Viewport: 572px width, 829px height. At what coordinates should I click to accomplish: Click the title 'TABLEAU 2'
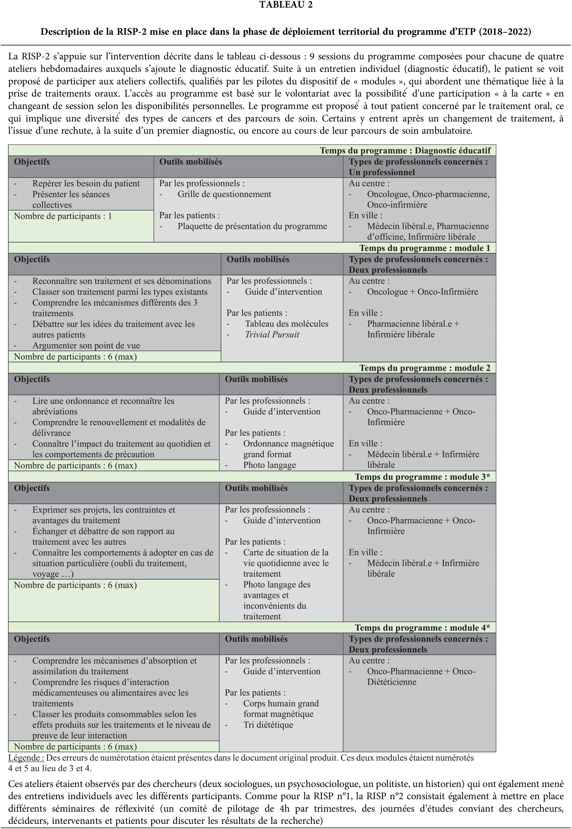tap(286, 5)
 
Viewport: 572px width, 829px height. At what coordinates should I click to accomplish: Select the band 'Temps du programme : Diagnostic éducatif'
tap(405, 151)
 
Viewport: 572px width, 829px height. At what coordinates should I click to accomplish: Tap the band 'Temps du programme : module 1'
tap(424, 248)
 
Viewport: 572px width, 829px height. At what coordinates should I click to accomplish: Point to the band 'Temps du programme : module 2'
tap(424, 368)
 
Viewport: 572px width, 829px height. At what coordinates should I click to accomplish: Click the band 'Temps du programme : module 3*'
tap(422, 477)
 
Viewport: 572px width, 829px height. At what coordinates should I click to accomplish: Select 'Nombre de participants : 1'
tap(63, 216)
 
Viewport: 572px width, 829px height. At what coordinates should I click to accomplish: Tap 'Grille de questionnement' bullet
tap(224, 194)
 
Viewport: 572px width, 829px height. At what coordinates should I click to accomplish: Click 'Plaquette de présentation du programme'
tap(252, 226)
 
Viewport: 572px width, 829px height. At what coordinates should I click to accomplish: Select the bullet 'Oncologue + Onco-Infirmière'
tap(422, 292)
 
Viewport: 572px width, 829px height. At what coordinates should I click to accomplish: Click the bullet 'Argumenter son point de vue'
tap(86, 345)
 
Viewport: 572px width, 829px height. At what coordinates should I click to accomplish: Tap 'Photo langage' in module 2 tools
tap(269, 465)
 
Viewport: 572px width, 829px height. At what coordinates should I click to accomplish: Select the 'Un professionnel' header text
tap(382, 172)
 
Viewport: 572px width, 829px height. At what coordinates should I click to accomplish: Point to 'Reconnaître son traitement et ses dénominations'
tap(122, 281)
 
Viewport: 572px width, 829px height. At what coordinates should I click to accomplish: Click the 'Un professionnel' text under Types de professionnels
tap(382, 172)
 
